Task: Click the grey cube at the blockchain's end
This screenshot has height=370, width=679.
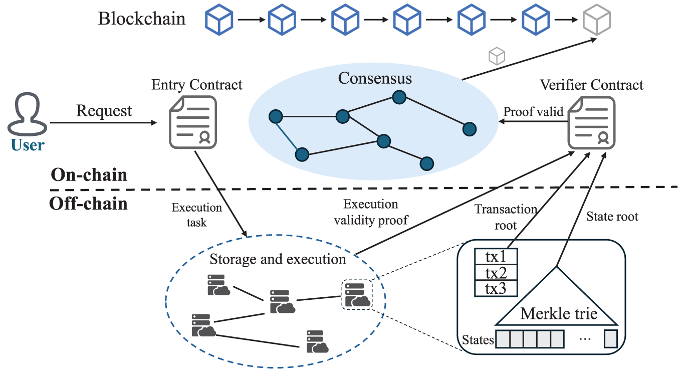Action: tap(597, 20)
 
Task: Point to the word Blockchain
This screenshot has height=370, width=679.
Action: tap(142, 19)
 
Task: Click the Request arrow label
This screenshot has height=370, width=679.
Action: tap(104, 111)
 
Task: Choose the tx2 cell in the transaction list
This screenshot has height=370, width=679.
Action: tap(496, 273)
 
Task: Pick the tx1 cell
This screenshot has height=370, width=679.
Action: tap(496, 257)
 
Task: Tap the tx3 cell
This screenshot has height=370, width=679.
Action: tap(496, 289)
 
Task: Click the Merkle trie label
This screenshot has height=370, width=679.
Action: tap(559, 313)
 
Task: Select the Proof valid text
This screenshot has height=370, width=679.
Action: tap(533, 111)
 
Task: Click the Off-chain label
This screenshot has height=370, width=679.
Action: tap(88, 204)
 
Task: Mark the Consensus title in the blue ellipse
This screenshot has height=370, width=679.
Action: tap(375, 79)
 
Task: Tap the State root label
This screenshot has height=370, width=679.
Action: tap(612, 217)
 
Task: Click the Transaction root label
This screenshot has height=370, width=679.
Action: tap(506, 217)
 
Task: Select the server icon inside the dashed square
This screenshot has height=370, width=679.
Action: tap(356, 295)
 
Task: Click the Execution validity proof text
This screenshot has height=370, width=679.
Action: tap(371, 212)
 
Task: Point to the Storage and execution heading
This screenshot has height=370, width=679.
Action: tap(278, 259)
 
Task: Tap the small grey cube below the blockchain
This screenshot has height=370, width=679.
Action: tap(497, 56)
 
